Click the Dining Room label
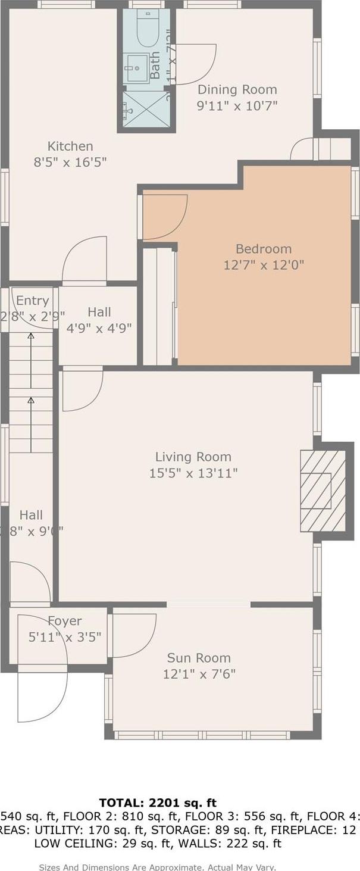click(237, 90)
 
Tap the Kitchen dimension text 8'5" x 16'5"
click(70, 162)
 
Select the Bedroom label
click(264, 249)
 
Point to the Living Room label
click(193, 457)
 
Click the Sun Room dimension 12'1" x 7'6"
click(199, 674)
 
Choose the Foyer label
click(65, 621)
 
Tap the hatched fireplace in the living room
click(323, 491)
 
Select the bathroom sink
click(136, 68)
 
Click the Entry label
click(32, 300)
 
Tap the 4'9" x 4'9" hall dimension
click(99, 327)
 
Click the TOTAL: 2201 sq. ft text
click(158, 803)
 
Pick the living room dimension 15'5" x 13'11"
click(193, 473)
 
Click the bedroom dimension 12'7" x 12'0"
click(264, 265)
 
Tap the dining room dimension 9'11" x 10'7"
click(237, 106)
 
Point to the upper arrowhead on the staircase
click(31, 336)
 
